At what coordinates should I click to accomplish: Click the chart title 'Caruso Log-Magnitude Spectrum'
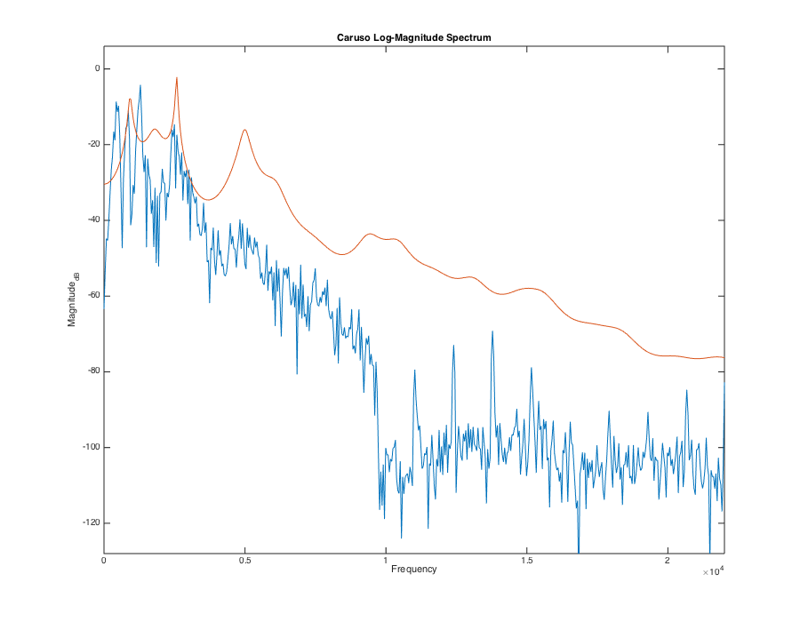point(413,38)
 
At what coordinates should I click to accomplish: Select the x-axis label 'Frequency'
point(413,569)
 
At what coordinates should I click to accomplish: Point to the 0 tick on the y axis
point(96,68)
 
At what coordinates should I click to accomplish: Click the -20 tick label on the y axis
point(92,144)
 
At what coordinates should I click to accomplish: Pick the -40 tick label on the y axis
point(92,220)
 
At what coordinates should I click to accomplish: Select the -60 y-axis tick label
point(92,296)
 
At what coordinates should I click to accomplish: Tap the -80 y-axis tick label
point(92,371)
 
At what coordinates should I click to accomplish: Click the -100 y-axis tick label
point(91,447)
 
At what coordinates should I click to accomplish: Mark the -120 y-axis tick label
point(91,522)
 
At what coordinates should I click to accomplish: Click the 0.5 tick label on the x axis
point(245,562)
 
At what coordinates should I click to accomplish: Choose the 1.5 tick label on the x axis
point(527,562)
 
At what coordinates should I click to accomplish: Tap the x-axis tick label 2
point(668,562)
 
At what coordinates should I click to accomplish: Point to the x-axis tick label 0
point(105,562)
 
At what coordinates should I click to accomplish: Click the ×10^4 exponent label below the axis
point(712,573)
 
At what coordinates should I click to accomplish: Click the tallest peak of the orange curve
point(177,78)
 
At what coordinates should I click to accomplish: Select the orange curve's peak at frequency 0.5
point(244,130)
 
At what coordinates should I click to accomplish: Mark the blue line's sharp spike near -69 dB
point(492,331)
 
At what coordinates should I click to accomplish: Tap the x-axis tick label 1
point(386,562)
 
